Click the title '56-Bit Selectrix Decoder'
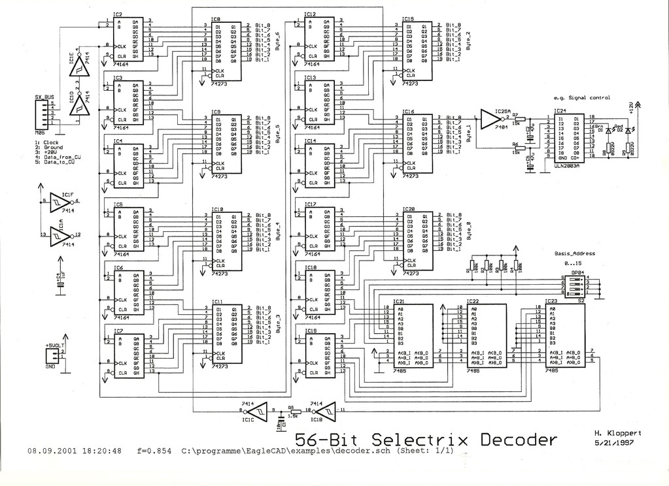point(425,439)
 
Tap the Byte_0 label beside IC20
point(468,231)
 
